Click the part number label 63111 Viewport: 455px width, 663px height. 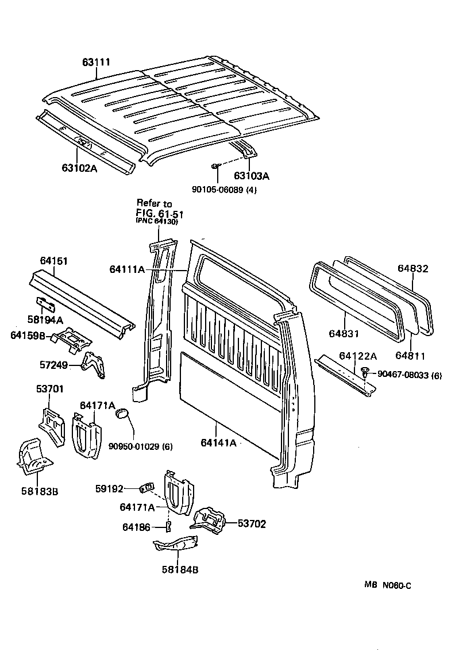coord(96,62)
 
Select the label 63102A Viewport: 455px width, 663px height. coord(82,168)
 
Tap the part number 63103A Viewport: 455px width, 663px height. coord(252,176)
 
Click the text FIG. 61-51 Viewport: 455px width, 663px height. coord(159,214)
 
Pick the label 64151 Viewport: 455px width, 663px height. coord(53,261)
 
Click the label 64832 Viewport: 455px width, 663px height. coord(413,268)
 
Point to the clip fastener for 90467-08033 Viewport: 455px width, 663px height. coord(366,375)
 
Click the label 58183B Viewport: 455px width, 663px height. coord(39,491)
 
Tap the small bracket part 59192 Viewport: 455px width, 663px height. coord(146,488)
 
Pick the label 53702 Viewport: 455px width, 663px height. coord(252,524)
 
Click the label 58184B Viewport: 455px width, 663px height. coord(180,570)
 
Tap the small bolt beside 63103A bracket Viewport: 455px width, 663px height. coord(214,166)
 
